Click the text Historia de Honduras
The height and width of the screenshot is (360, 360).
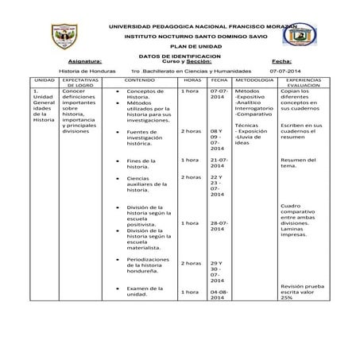point(87,71)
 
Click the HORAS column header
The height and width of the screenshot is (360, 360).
point(192,80)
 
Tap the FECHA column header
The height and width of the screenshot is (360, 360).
point(219,80)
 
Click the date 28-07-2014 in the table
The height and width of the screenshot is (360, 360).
point(220,227)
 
